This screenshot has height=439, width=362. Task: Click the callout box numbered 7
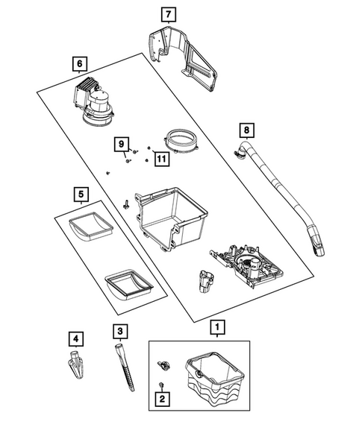tap(169, 14)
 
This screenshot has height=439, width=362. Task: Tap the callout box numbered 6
tap(80, 64)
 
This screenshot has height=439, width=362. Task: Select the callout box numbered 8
tap(246, 130)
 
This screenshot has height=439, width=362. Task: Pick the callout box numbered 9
tap(122, 144)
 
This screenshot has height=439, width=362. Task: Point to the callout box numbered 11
tap(162, 159)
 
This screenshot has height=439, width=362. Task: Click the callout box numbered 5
tap(81, 195)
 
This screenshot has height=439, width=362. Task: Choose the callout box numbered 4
tap(76, 339)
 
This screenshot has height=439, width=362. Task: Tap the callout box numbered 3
tap(120, 332)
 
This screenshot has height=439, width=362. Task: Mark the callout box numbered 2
tap(163, 399)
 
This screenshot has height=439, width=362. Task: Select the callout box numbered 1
tap(218, 327)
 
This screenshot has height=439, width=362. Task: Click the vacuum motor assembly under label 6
tap(93, 101)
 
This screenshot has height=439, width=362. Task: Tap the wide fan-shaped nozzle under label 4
tap(76, 364)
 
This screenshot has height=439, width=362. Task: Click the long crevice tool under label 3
tap(125, 367)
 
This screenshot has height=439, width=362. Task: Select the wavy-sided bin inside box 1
tap(214, 379)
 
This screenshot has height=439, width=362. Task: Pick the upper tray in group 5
tap(91, 227)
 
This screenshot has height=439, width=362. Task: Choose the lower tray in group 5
tap(129, 285)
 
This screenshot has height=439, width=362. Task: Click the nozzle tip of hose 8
tap(316, 244)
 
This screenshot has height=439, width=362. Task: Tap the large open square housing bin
tap(172, 218)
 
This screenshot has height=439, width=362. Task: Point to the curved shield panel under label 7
tap(183, 58)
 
